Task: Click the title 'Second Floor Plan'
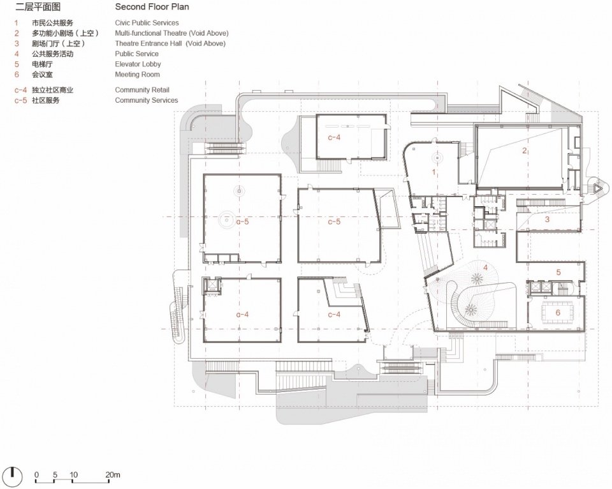(152, 6)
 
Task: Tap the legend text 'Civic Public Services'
(147, 23)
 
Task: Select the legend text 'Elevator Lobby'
(138, 64)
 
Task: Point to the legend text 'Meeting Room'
(138, 74)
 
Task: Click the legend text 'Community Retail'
(142, 90)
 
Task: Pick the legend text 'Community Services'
(147, 100)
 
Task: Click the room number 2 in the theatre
(525, 151)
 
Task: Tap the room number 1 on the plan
(433, 172)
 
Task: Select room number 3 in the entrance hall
(547, 220)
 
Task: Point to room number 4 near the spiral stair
(486, 267)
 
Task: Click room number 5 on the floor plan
(558, 273)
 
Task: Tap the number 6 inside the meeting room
(558, 313)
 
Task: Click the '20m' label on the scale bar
(112, 474)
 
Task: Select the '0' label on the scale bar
(36, 474)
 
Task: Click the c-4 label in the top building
(334, 137)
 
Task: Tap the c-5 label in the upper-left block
(242, 222)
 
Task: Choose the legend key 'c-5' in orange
(20, 100)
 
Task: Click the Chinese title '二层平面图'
(38, 6)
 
